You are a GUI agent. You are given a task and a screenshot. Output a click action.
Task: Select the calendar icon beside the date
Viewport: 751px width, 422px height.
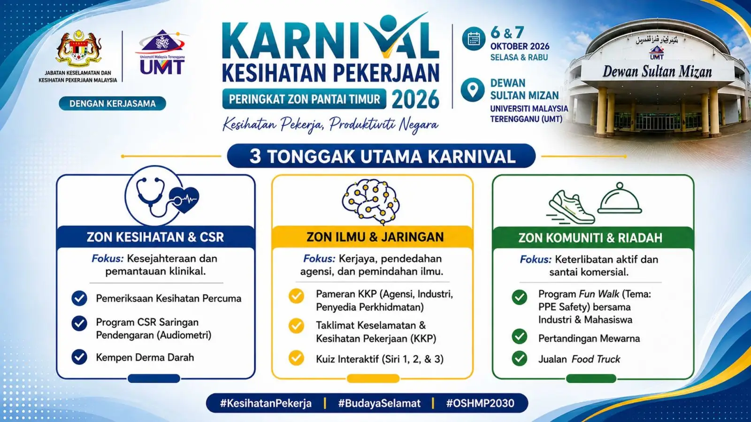474,39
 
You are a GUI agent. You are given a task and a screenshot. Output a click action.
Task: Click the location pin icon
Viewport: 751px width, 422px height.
473,90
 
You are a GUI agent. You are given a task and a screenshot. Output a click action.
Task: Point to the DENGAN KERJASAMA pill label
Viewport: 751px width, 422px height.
112,104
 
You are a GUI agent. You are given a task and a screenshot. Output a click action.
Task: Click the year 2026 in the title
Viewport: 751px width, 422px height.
415,99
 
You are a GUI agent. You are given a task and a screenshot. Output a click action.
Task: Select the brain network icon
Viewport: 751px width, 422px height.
371,201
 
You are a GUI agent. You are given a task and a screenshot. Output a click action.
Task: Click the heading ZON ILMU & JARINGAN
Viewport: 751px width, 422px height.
375,237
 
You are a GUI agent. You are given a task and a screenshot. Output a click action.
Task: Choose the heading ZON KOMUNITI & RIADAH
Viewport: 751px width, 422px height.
590,238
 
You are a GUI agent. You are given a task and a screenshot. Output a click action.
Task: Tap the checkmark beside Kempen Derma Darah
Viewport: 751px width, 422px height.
79,357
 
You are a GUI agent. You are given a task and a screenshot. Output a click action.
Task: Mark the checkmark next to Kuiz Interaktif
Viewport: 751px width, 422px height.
296,358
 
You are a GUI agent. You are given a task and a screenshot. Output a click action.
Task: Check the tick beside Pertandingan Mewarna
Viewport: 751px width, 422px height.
520,337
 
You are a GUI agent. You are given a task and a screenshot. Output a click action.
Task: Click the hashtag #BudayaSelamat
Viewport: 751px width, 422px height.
379,403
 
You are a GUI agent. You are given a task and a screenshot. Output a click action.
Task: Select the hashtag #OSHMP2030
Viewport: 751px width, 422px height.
480,403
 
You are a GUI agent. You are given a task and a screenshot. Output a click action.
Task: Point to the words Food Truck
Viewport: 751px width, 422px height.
596,359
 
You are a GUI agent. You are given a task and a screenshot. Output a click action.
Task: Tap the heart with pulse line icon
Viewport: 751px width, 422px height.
184,200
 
